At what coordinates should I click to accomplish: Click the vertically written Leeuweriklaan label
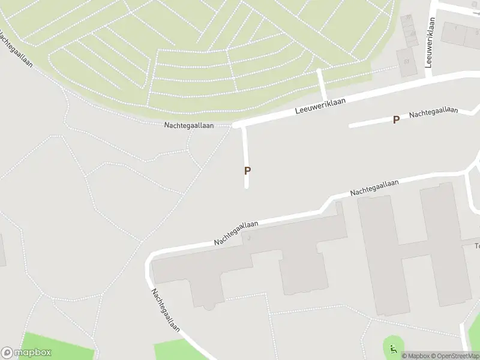[x=430, y=42]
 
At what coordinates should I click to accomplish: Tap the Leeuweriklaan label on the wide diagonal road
[x=322, y=106]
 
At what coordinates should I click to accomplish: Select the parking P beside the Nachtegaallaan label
[x=396, y=120]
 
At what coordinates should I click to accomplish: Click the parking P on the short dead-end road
[x=247, y=170]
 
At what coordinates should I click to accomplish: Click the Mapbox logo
[x=26, y=353]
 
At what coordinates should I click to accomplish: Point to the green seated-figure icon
[x=394, y=349]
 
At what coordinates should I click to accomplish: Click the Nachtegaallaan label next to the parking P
[x=433, y=112]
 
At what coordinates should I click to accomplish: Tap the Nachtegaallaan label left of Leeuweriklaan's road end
[x=188, y=125]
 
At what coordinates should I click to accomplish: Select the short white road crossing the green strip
[x=322, y=85]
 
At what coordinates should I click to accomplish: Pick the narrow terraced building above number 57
[x=409, y=30]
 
